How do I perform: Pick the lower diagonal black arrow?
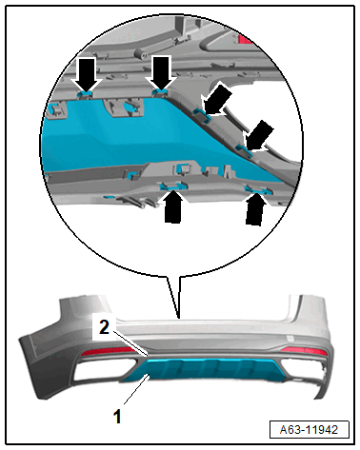point(258,136)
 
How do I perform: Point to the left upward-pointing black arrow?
point(172,207)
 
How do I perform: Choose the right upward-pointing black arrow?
point(254,209)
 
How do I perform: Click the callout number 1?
point(117,417)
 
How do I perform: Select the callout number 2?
point(104,327)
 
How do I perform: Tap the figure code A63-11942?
point(309,430)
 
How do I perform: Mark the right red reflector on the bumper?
point(304,351)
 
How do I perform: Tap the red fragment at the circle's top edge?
point(244,39)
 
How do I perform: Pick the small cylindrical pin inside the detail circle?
point(141,54)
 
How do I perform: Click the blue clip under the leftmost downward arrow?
point(85,92)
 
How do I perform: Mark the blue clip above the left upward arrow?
point(172,186)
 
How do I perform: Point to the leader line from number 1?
point(136,389)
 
